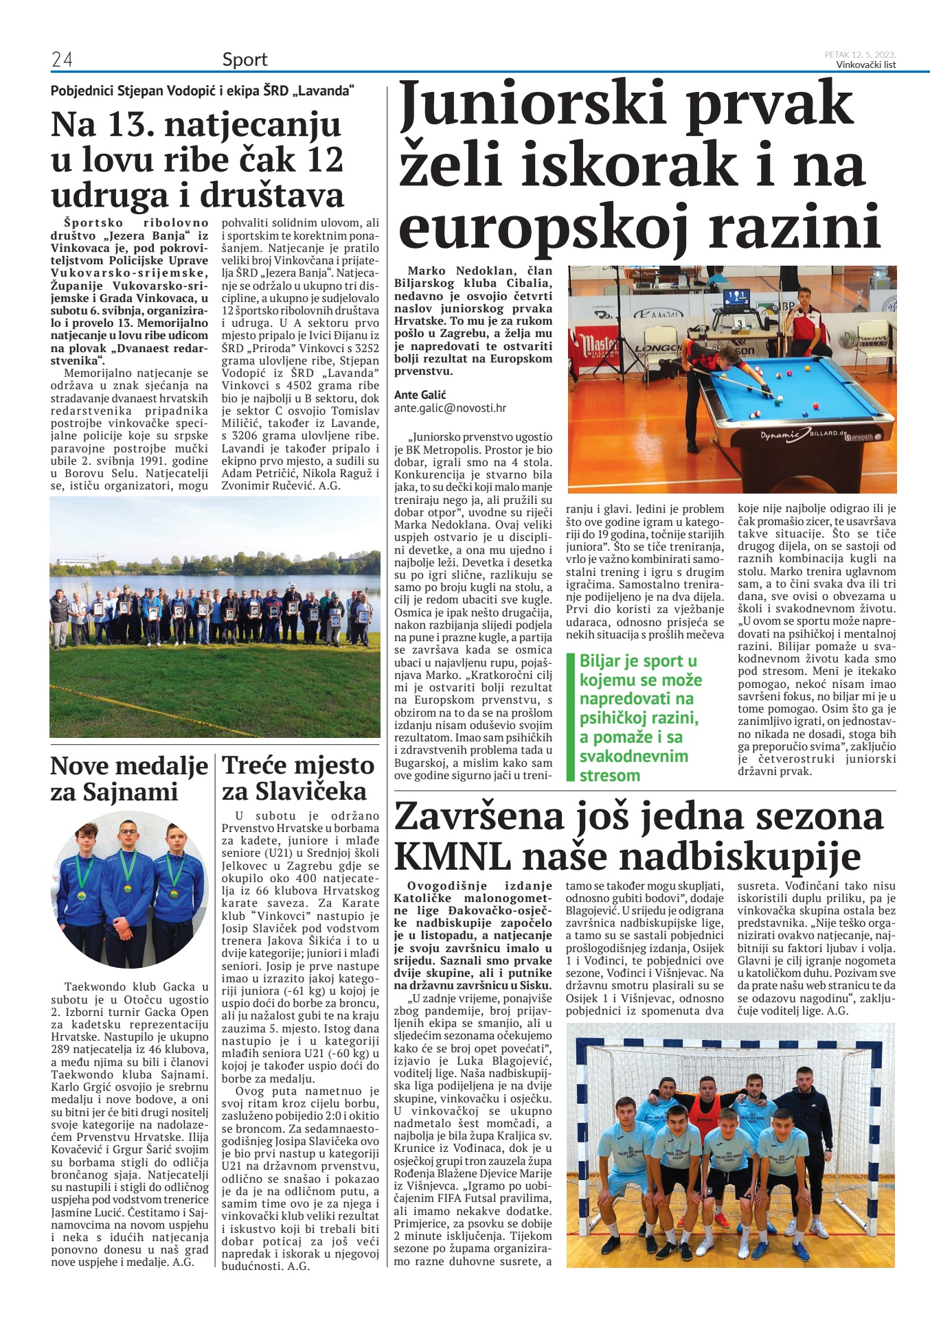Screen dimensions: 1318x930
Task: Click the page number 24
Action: [x=62, y=60]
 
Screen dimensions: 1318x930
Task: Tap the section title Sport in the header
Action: [x=245, y=60]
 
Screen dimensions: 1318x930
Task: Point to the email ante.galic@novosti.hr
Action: [x=450, y=408]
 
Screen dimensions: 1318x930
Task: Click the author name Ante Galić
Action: [x=420, y=395]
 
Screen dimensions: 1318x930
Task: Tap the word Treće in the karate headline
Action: [x=255, y=765]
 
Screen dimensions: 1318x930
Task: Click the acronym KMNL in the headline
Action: [x=453, y=856]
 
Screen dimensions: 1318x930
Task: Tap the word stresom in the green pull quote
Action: [x=609, y=775]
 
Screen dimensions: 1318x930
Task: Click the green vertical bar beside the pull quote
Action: [x=569, y=717]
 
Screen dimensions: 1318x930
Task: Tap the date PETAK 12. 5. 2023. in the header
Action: [x=860, y=55]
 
